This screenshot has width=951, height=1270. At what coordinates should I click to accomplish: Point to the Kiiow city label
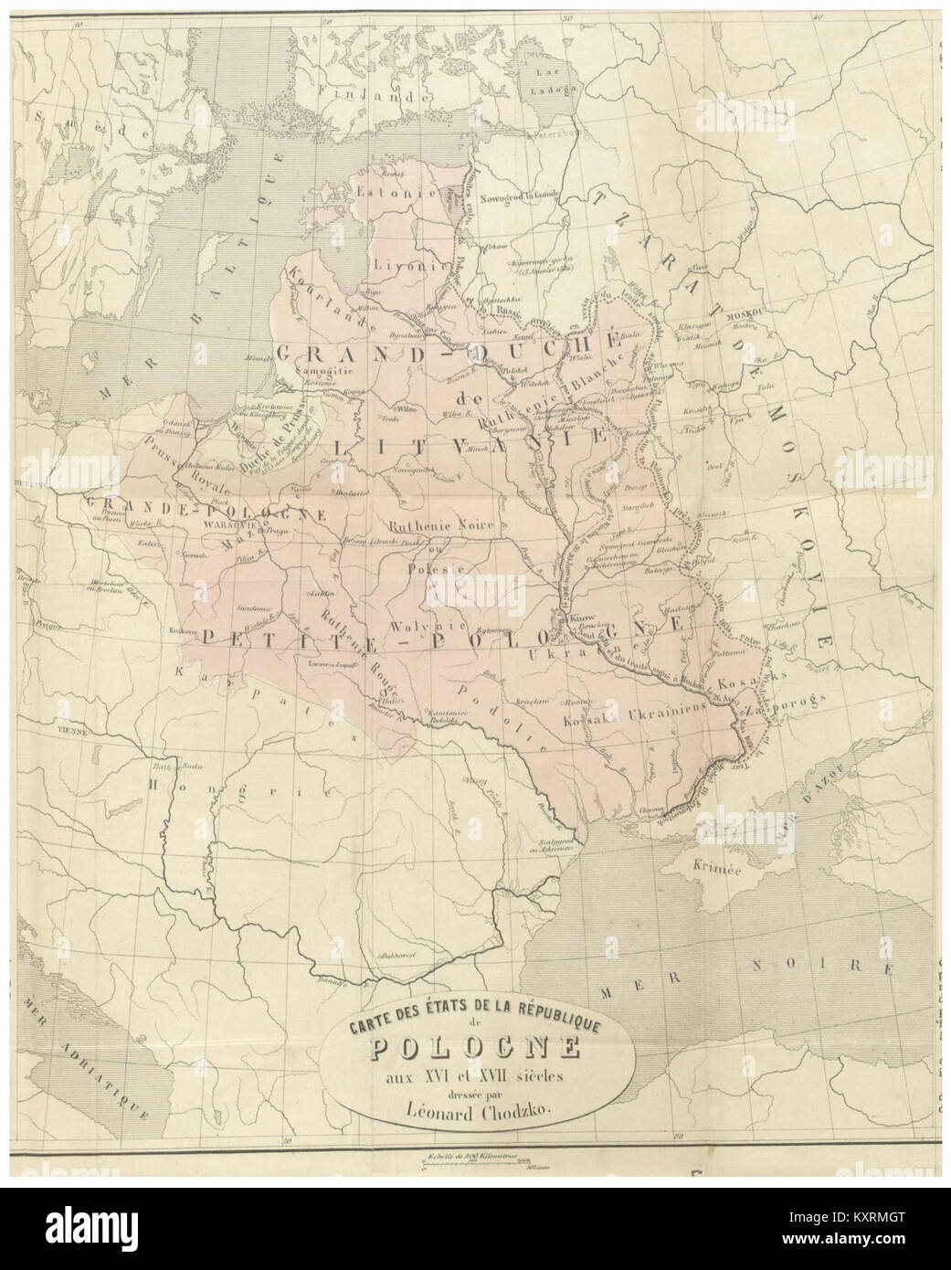coord(583,619)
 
